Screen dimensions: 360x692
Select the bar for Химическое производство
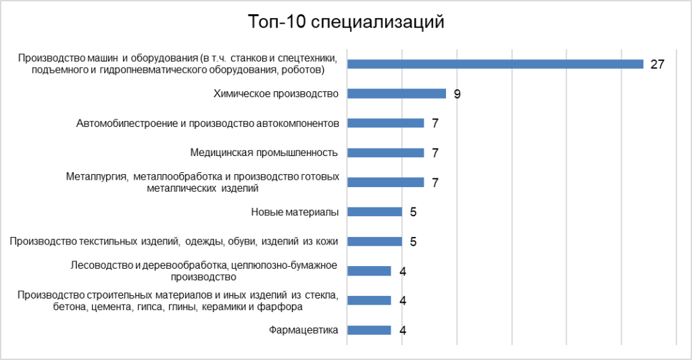397,94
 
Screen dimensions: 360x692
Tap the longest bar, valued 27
495,64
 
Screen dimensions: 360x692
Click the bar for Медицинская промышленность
386,153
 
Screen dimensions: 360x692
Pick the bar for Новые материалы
375,212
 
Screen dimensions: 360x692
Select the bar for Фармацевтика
369,330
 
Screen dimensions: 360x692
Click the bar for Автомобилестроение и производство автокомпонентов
386,123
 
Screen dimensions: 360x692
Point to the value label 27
658,65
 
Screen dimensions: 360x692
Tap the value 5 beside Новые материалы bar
413,212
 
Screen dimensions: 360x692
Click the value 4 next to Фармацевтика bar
402,330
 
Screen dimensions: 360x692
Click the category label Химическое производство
275,94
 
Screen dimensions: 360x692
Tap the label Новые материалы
295,212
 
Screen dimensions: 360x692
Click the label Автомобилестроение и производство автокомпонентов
207,123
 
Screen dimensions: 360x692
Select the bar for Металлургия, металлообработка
386,182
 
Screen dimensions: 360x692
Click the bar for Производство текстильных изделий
375,241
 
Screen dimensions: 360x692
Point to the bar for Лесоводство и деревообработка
369,271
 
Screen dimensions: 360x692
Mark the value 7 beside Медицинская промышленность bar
435,153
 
